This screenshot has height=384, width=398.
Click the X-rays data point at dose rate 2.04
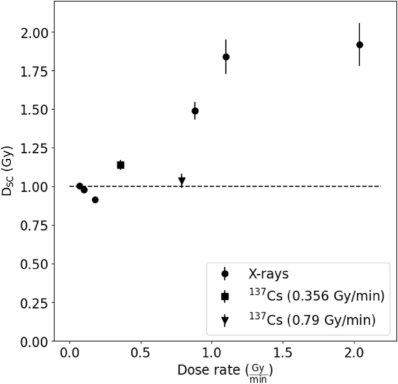(x=360, y=45)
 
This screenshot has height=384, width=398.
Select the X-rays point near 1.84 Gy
(x=226, y=57)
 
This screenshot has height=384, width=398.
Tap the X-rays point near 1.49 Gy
(x=195, y=111)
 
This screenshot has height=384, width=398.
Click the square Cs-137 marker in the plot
(x=120, y=165)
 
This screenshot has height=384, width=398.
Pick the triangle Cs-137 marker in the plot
(x=182, y=181)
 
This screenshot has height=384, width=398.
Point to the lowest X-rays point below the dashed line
(x=95, y=200)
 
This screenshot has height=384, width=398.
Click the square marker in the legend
(x=225, y=297)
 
